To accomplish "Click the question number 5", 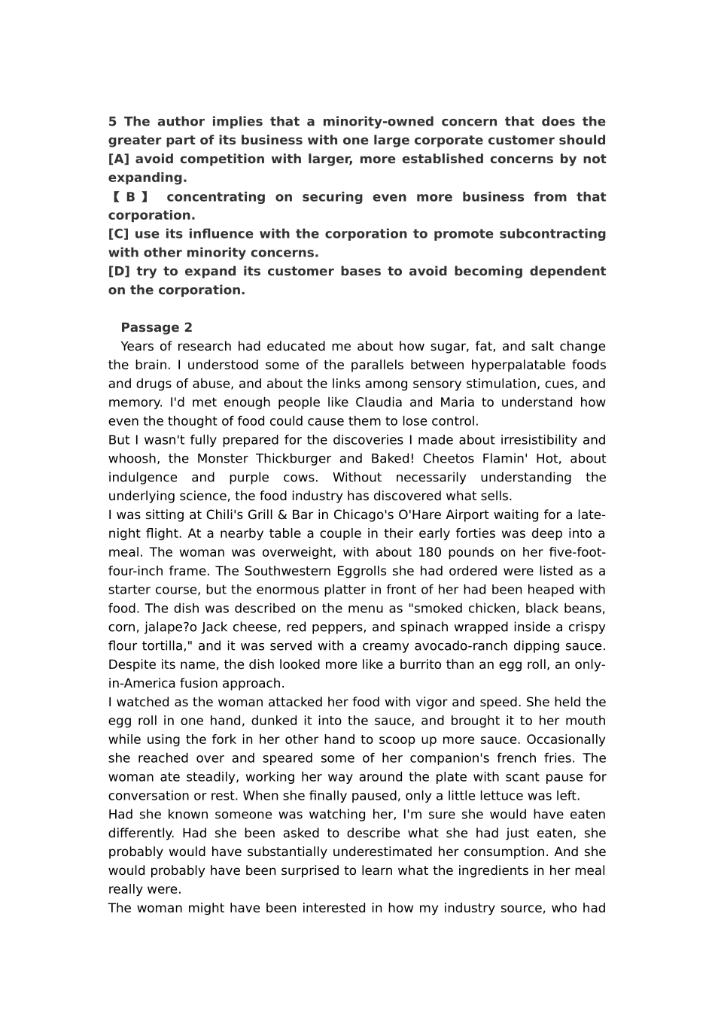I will pos(112,122).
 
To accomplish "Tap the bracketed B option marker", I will pos(130,197).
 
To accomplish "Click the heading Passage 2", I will pos(157,327).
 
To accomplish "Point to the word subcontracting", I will pos(557,234).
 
